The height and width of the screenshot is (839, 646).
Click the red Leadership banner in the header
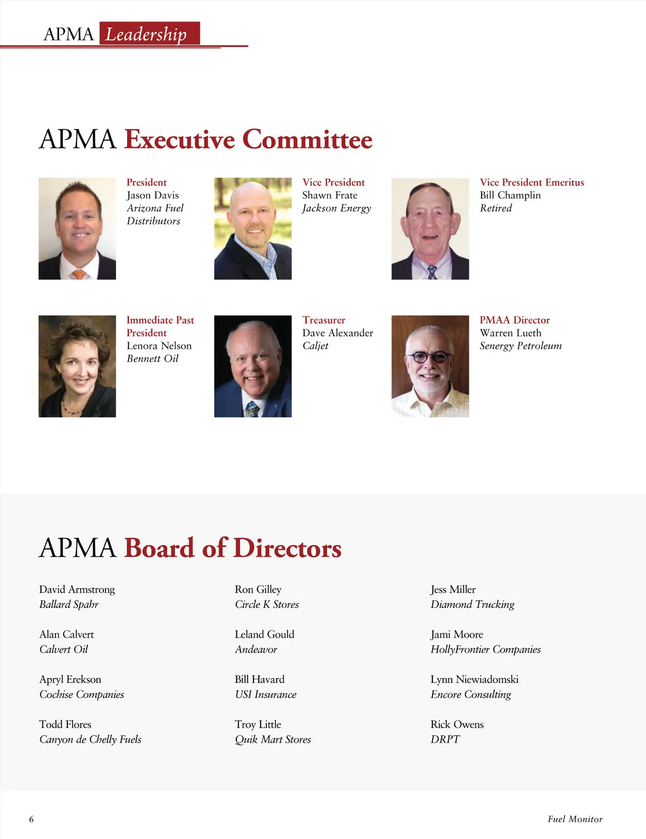click(x=150, y=34)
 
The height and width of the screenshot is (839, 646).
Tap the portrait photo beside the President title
click(x=77, y=228)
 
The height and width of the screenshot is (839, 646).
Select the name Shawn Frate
click(x=329, y=195)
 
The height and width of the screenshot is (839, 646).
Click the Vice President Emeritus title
click(x=532, y=182)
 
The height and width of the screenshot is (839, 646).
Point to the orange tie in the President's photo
click(x=79, y=274)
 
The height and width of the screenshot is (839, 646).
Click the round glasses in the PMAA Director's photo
click(x=429, y=356)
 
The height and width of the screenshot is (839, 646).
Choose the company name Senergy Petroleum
click(x=521, y=346)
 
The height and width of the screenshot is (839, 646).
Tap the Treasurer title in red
click(x=324, y=320)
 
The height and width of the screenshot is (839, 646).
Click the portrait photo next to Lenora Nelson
click(x=77, y=366)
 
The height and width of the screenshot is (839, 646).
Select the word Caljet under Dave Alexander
click(x=315, y=346)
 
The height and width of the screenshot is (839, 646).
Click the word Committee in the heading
click(x=307, y=139)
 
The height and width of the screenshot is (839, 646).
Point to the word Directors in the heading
click(x=287, y=548)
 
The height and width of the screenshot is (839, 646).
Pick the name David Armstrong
click(x=77, y=589)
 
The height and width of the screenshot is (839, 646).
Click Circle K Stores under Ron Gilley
click(x=267, y=604)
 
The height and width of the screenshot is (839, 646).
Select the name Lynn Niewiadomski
click(x=474, y=679)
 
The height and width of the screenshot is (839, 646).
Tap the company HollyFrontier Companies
click(x=486, y=649)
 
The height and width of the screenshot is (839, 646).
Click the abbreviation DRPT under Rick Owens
click(x=445, y=739)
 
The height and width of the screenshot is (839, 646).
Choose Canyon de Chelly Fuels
click(x=90, y=739)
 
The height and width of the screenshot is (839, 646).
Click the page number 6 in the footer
click(x=31, y=819)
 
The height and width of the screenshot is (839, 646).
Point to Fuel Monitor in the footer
click(x=575, y=819)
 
